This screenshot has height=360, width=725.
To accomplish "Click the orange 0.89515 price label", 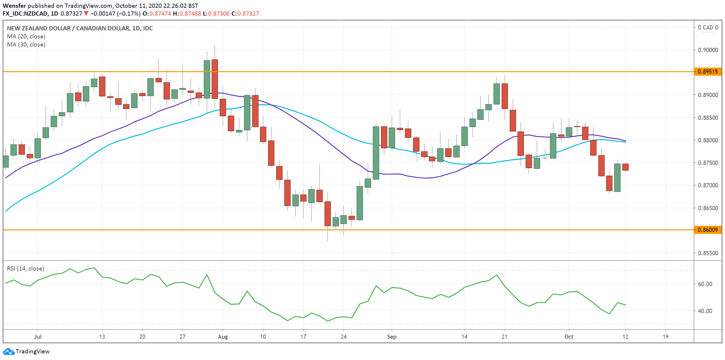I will pos(708,72).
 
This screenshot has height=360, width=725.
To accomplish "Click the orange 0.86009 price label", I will pos(708,230).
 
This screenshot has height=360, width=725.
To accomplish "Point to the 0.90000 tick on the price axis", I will pos(708,50).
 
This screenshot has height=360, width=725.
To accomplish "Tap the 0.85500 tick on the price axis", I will pos(708,253).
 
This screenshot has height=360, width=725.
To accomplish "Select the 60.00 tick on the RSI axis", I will pos(705,284).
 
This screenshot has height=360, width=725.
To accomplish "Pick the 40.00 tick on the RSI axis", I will pos(705,311).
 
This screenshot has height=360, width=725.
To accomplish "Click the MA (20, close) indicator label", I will pos(26,37).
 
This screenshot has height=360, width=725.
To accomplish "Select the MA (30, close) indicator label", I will pos(26,45).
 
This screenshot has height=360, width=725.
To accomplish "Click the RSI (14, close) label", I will pos(26,269).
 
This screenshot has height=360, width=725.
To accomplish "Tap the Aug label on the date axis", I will pos(223,337).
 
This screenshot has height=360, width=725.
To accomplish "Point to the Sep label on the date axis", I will pos(391,337).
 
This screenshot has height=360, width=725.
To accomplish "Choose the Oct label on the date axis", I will pos(569,337).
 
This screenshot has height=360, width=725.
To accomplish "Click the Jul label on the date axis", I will pos(38,337).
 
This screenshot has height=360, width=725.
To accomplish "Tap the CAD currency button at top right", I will pos(708,28).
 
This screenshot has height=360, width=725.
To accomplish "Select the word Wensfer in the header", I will pos(14,6).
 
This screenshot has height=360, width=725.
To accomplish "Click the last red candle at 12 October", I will pos(625,167).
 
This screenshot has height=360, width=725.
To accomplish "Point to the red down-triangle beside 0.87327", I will pos(86,14).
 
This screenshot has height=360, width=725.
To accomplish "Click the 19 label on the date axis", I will pos(666,337).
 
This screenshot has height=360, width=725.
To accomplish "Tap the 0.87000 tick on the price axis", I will pos(708,186).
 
